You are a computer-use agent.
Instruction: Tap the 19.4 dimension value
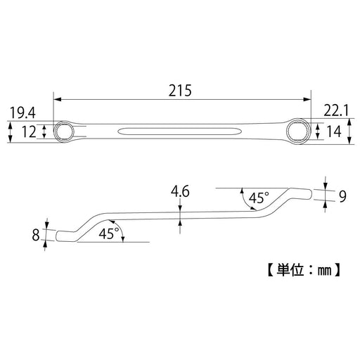[x=23, y=112]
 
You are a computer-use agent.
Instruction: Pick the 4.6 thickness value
[x=180, y=191]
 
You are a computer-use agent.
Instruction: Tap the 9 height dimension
[x=342, y=197]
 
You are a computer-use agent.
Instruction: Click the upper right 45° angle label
[x=257, y=198]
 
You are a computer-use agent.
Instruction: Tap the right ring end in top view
[x=299, y=130]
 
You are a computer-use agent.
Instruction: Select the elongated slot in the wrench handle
[x=180, y=130]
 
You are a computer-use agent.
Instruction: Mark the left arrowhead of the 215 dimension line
[x=56, y=100]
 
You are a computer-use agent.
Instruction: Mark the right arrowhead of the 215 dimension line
[x=308, y=100]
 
